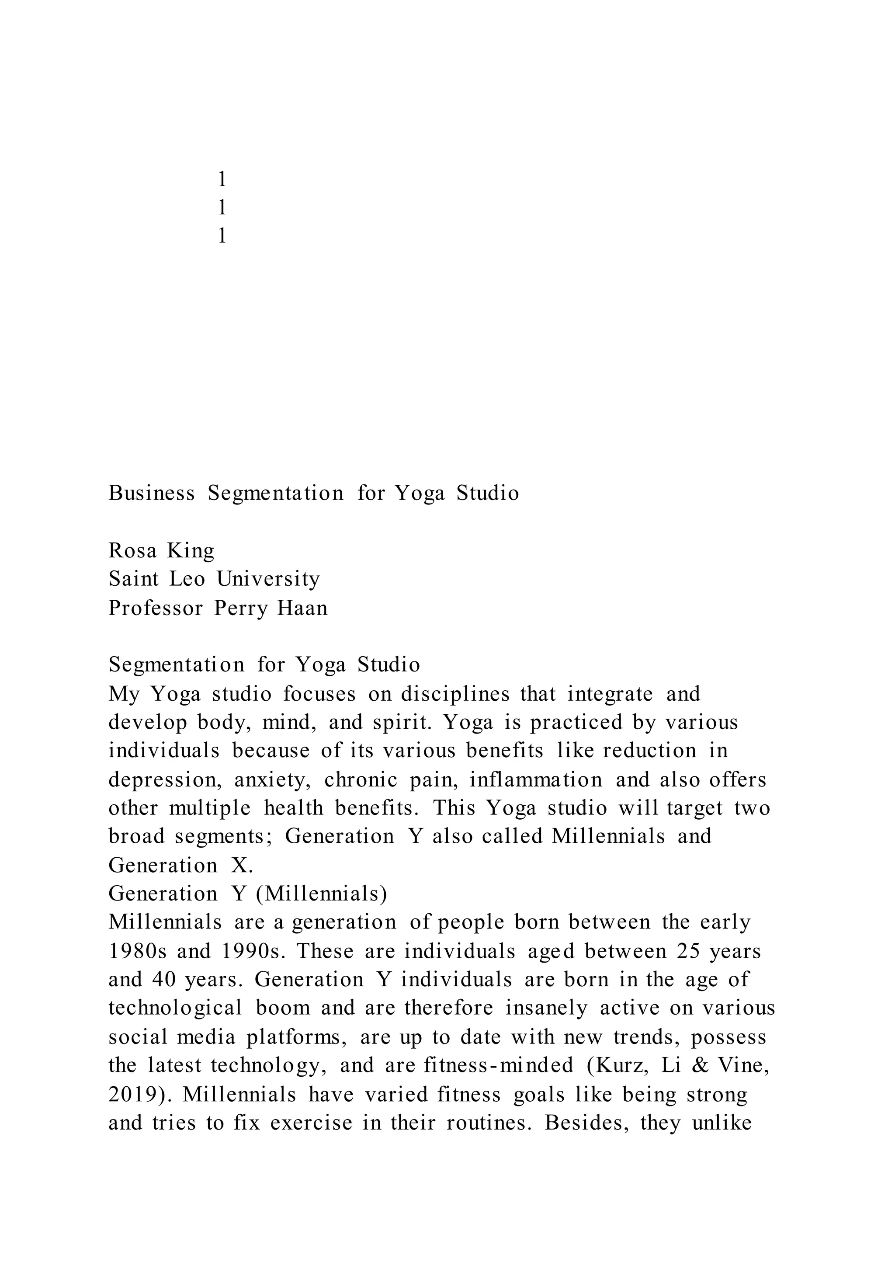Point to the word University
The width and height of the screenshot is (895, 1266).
pos(268,579)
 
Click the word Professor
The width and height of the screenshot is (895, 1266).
pos(156,608)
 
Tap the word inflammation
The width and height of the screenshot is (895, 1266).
pos(536,780)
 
